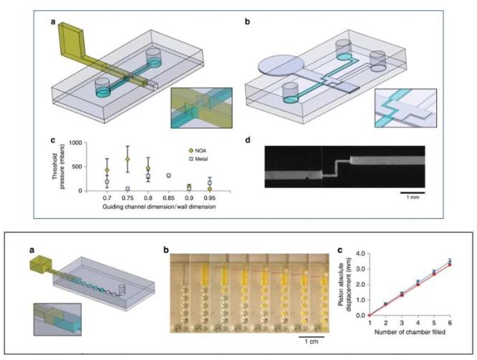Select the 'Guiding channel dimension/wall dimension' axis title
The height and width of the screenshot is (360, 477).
point(154,206)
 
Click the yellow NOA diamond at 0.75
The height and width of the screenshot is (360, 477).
point(127,159)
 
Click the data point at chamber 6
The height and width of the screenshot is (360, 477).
point(450,262)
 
